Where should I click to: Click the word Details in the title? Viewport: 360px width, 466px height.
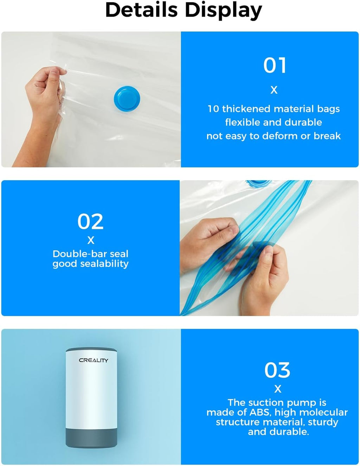[141, 10]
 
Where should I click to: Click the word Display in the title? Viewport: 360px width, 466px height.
[223, 11]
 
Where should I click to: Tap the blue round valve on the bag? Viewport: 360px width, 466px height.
[127, 99]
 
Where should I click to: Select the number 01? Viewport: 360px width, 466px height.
[275, 65]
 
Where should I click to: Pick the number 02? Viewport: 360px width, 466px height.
[90, 221]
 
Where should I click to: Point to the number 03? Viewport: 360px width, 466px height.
[277, 370]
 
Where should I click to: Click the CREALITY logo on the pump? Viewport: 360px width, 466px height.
[93, 360]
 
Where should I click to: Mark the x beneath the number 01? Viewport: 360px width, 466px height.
[274, 90]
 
